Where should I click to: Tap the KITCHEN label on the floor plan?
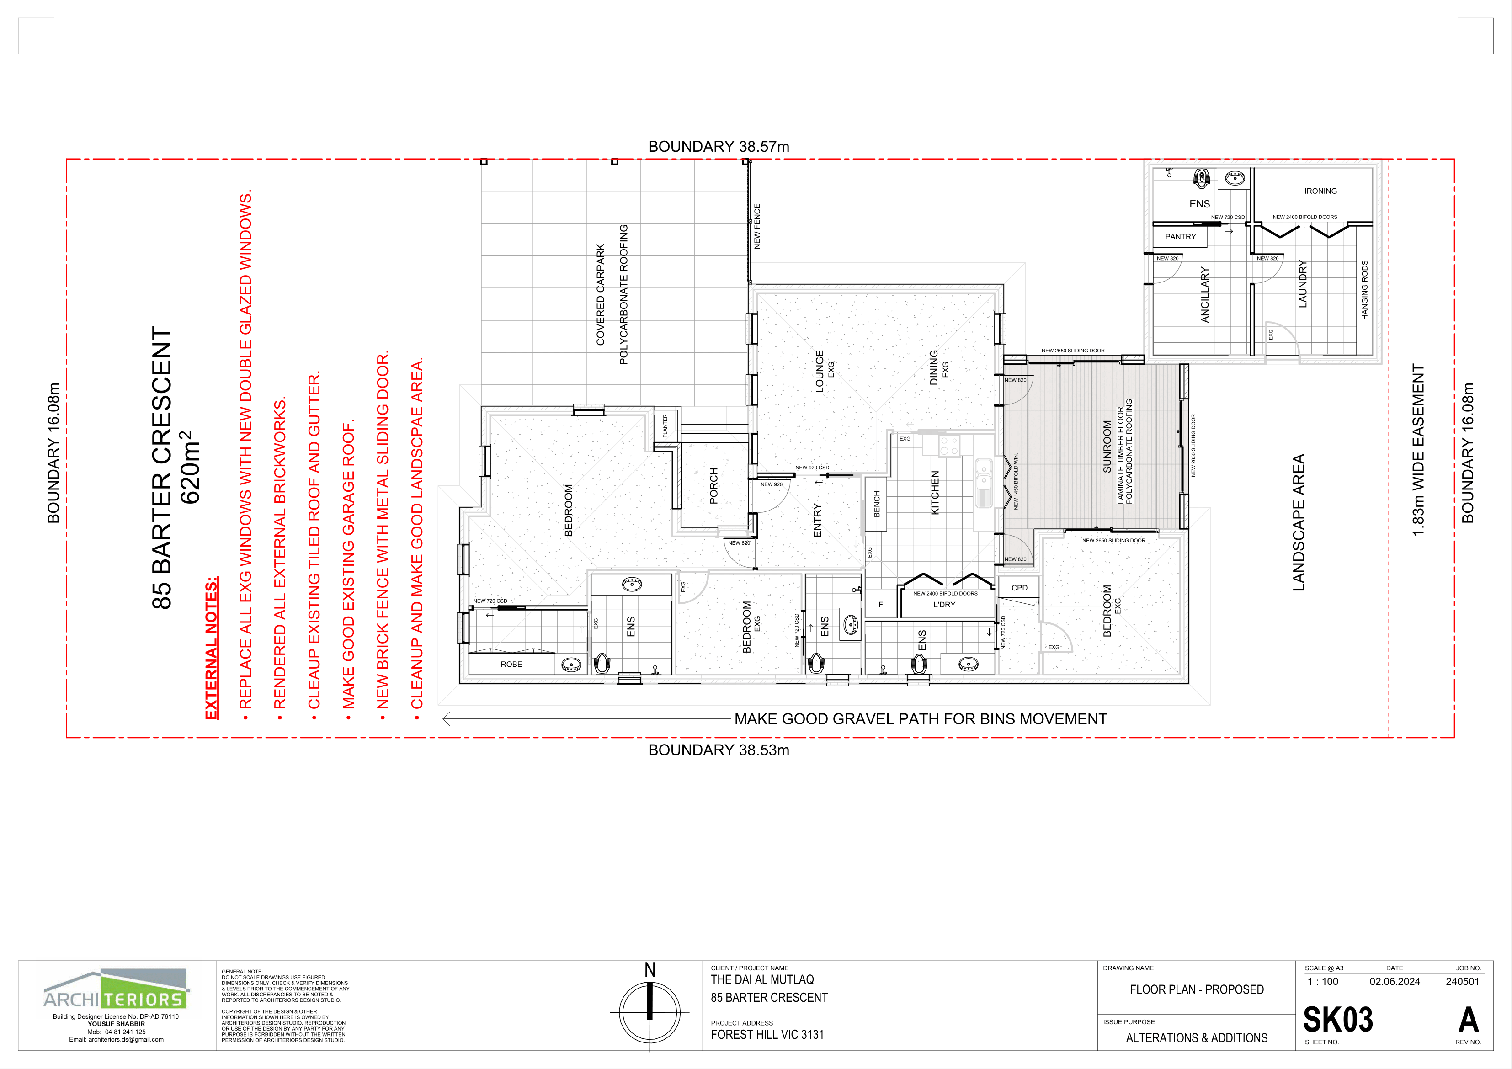pos(934,492)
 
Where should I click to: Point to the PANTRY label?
pos(1180,236)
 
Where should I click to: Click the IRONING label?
pos(1320,191)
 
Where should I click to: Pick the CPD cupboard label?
pos(1019,588)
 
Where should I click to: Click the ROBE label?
pos(511,664)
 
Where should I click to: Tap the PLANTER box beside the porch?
pos(665,425)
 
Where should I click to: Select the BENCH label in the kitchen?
pos(877,504)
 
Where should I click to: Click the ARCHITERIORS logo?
pos(117,990)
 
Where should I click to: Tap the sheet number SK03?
pos(1338,1020)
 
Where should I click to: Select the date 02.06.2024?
pos(1395,981)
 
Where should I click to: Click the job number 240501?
pos(1463,981)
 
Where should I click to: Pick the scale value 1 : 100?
pos(1322,981)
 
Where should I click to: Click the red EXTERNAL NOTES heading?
pos(211,649)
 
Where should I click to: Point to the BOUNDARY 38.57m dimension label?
pos(719,146)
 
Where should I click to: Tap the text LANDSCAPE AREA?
pos(1298,522)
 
